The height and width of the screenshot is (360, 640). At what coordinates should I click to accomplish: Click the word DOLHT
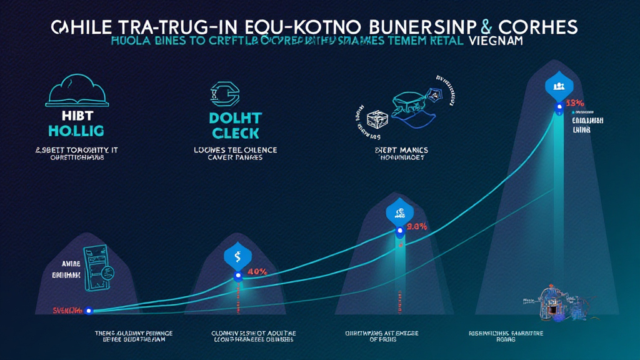tap(236, 118)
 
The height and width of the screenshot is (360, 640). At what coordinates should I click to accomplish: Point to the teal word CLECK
tap(236, 132)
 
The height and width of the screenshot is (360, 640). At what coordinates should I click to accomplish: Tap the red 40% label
tap(257, 272)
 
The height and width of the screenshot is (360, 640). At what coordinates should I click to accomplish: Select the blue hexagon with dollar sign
tap(237, 255)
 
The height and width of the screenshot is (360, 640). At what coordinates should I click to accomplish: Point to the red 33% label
tap(574, 103)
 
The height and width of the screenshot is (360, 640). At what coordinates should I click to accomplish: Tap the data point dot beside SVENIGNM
tap(89, 311)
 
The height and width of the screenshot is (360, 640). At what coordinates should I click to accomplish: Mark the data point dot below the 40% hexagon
tap(237, 276)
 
